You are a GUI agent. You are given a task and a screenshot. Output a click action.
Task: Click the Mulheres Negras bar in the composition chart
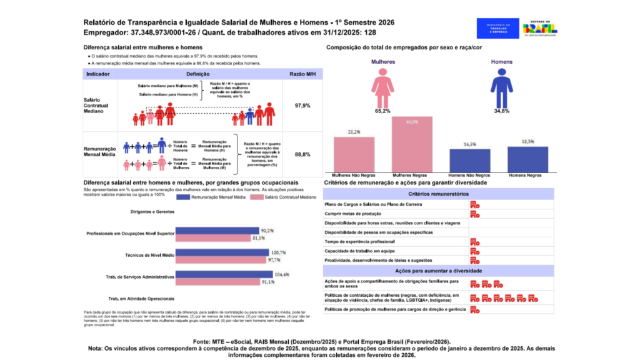412,144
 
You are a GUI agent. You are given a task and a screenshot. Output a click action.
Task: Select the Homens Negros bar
527,159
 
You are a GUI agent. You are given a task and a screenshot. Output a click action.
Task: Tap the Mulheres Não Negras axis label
353,176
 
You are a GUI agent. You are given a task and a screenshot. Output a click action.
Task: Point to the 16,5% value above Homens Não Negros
470,144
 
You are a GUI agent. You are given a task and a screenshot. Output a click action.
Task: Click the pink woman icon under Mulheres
382,87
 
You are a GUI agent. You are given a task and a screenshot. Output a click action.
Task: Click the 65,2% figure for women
382,111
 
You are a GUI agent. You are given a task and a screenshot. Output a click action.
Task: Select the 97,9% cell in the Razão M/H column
302,106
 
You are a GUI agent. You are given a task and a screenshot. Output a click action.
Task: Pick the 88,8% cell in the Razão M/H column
302,154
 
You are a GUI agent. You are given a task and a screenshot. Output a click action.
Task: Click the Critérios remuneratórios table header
437,194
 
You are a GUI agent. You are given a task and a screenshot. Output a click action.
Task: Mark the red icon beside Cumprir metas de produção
474,214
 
